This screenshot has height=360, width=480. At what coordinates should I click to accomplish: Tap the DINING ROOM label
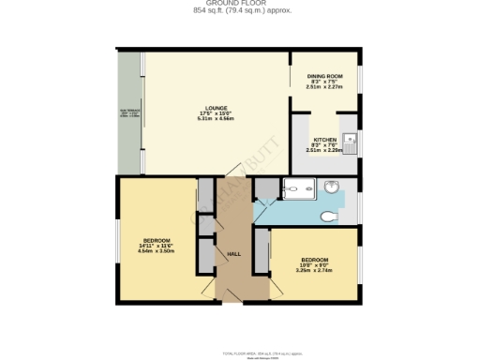coord(324,76)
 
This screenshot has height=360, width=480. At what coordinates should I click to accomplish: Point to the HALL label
coord(233,253)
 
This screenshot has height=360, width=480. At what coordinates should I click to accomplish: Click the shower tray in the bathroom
coord(299,190)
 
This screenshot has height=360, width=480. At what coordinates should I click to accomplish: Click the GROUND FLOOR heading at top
coord(239,4)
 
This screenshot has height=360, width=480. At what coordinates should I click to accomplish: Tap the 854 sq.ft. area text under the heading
coord(239,11)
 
